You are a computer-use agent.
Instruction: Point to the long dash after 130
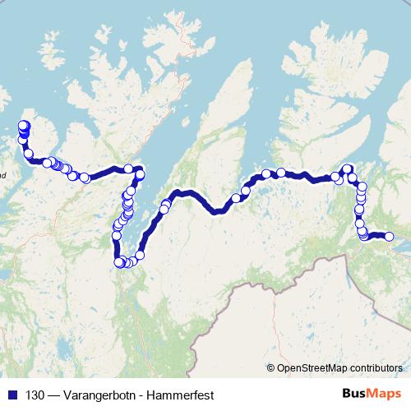(x=53, y=395)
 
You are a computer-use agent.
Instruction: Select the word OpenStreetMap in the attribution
(x=313, y=369)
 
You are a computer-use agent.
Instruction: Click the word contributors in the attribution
(x=376, y=369)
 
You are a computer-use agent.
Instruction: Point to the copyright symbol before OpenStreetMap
(x=270, y=369)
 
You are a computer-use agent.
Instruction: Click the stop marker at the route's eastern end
(x=390, y=237)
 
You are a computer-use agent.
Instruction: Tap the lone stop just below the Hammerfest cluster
(x=29, y=153)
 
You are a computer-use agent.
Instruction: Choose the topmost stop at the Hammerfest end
(x=23, y=125)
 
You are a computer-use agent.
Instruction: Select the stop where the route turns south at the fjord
(x=140, y=173)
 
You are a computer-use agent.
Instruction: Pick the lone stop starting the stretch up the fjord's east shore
(x=140, y=255)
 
